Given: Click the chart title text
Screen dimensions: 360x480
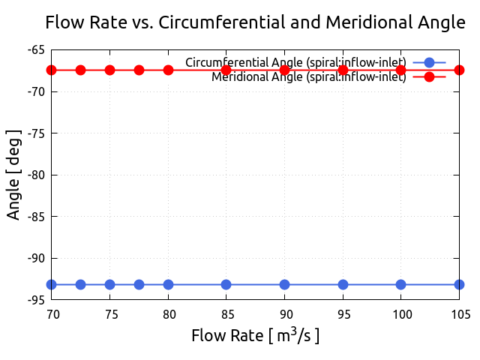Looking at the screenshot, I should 255,22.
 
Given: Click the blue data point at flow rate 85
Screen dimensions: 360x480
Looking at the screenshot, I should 226,284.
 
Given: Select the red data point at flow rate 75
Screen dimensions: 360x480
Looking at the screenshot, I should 109,70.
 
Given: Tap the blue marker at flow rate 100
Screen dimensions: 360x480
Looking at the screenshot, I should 400,284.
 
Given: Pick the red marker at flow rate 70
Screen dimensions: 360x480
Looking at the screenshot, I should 52,70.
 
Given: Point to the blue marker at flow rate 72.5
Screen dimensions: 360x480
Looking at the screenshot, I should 80,284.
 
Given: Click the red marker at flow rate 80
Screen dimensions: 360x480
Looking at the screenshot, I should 168,70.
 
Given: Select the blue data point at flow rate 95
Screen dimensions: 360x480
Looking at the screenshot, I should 343,284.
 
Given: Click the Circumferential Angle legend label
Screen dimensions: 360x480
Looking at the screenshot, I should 295,61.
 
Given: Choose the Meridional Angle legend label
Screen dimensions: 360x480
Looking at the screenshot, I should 308,76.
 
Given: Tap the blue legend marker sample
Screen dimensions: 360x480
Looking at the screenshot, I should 429,62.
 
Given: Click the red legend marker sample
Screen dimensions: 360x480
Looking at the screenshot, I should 429,77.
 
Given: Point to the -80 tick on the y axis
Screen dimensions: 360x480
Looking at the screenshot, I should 36,175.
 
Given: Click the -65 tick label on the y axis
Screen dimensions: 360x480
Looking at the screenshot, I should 36,50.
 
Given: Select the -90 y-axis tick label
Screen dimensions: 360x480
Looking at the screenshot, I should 36,258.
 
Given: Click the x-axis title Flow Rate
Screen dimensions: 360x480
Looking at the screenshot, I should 255,335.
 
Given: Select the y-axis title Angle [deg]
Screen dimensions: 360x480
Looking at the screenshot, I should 13,174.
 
